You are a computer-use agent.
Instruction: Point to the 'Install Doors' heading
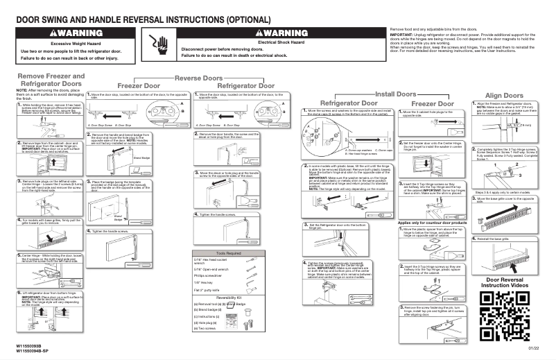pyautogui.click(x=396, y=93)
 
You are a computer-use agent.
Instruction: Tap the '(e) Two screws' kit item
pyautogui.click(x=205, y=328)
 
